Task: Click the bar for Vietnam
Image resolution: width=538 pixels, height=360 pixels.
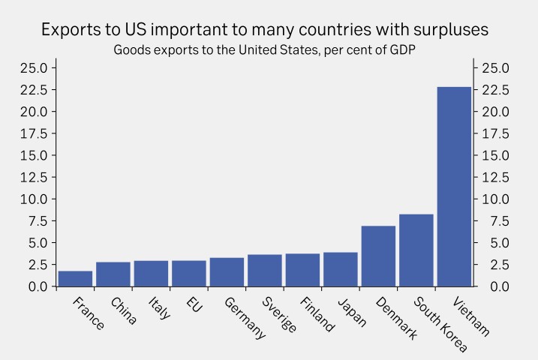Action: [454, 187]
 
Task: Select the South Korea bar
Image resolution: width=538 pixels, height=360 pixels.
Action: [416, 250]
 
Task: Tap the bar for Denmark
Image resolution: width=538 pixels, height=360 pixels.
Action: [378, 256]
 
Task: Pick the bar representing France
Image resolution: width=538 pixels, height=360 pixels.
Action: [75, 278]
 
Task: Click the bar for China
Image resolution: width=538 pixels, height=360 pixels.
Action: [113, 274]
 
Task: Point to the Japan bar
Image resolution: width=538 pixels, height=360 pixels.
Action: [341, 269]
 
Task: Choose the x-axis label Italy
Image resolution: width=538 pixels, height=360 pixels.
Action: [158, 308]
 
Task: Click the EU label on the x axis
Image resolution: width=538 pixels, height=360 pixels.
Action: [194, 305]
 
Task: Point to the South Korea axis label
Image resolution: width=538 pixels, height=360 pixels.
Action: [440, 324]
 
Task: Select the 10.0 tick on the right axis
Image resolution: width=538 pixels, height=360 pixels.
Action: [495, 199]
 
